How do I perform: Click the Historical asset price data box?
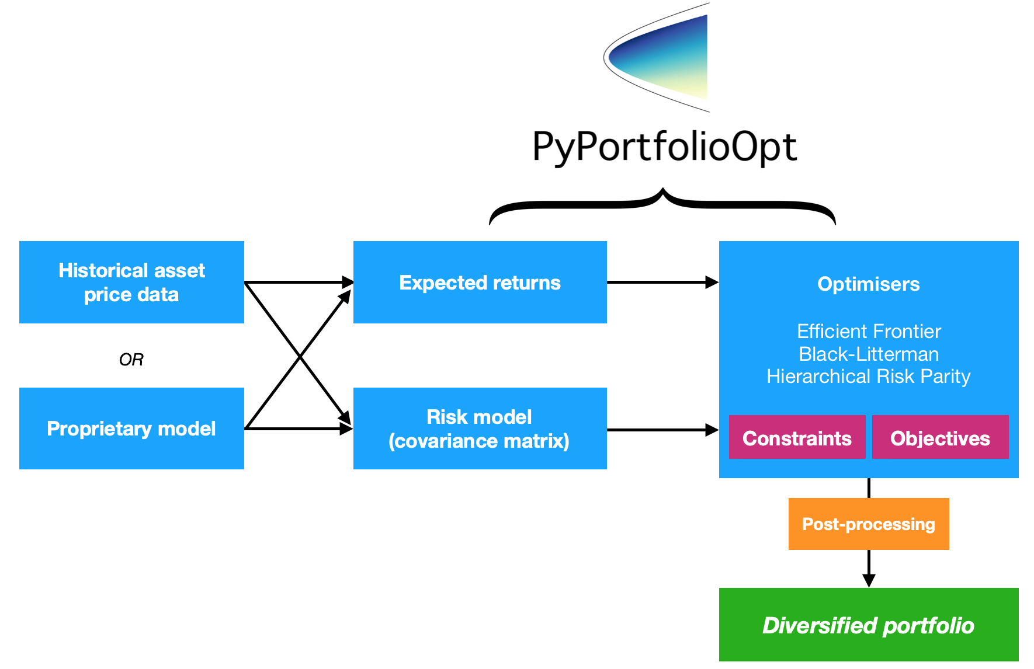pos(131,282)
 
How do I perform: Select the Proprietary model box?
pos(131,428)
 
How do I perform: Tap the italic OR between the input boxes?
pos(131,360)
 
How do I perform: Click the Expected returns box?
pos(480,283)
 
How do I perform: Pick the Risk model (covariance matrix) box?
pos(480,428)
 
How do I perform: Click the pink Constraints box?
pos(797,438)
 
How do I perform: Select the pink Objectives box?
pos(940,438)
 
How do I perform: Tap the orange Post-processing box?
pos(868,524)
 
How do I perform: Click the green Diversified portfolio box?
pos(868,625)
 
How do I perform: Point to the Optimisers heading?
pos(868,284)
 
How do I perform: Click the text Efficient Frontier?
pos(868,332)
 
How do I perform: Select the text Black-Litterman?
pos(868,354)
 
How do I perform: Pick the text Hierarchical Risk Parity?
pos(868,377)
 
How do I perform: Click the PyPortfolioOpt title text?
pos(664,147)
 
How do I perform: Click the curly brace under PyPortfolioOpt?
pos(662,204)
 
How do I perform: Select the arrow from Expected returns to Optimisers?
pos(662,283)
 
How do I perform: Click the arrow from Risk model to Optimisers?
pos(662,430)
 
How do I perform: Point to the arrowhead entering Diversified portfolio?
pos(869,580)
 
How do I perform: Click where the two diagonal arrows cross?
pos(300,356)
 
